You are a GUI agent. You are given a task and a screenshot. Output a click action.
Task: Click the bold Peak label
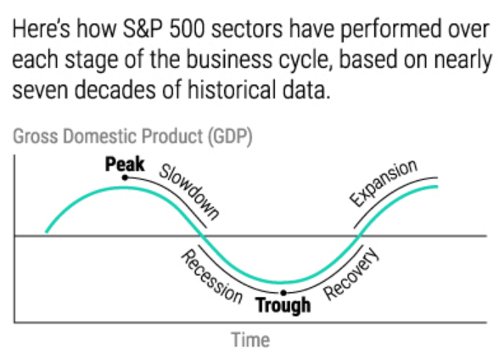pos(125,163)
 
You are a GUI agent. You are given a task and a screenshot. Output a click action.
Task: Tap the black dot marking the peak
pos(125,177)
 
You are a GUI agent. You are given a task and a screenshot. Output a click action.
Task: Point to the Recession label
pos(210,276)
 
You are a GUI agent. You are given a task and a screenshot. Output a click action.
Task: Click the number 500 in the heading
pos(188,31)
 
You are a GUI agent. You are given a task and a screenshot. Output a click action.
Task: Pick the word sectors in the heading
pos(251,31)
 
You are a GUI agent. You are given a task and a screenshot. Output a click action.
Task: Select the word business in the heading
pos(227,63)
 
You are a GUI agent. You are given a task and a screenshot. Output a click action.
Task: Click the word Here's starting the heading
pos(40,31)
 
